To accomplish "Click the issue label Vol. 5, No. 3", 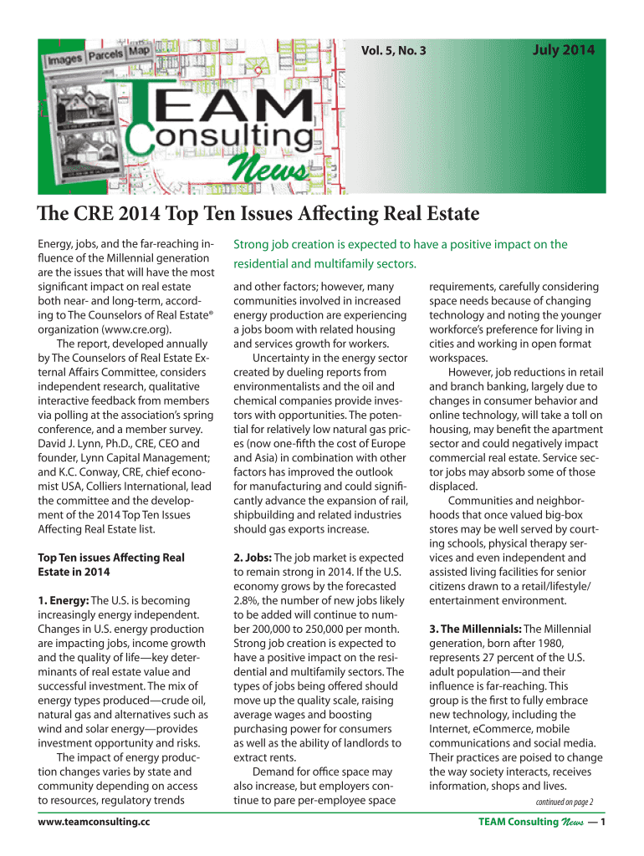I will pyautogui.click(x=393, y=52).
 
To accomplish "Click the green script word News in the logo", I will pyautogui.click(x=273, y=171).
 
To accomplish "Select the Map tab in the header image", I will pyautogui.click(x=139, y=51).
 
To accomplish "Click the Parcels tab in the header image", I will pyautogui.click(x=105, y=56).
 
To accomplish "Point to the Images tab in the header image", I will pyautogui.click(x=64, y=61).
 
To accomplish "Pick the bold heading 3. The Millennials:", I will pyautogui.click(x=474, y=629).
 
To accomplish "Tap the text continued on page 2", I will pyautogui.click(x=549, y=802).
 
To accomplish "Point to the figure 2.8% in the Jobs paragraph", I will pyautogui.click(x=247, y=600).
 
